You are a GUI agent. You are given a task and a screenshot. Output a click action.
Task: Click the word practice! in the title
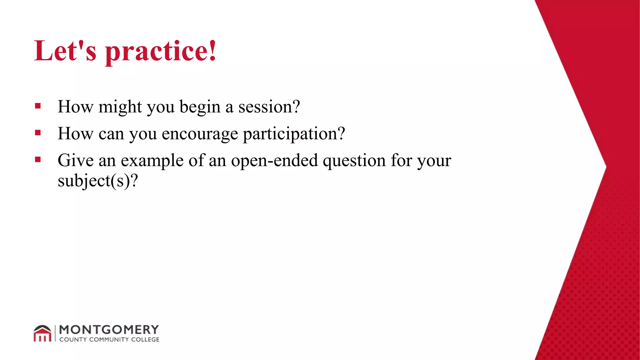(161, 52)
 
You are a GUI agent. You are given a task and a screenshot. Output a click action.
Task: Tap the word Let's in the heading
(65, 51)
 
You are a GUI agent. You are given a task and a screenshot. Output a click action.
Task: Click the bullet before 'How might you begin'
(38, 106)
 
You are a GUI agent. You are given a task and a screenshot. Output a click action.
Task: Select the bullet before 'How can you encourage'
(38, 133)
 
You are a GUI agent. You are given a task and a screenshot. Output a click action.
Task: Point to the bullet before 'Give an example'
(38, 160)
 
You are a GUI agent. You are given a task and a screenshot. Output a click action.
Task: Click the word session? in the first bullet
(269, 107)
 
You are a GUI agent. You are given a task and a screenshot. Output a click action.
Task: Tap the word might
(120, 107)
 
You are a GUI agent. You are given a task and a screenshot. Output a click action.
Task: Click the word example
(152, 161)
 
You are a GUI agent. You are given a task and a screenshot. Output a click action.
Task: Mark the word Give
(76, 161)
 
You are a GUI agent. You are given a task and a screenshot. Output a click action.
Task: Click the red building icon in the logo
(42, 333)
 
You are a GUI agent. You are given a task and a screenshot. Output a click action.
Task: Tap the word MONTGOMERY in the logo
(109, 330)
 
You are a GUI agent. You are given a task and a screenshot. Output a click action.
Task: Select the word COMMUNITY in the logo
(109, 339)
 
